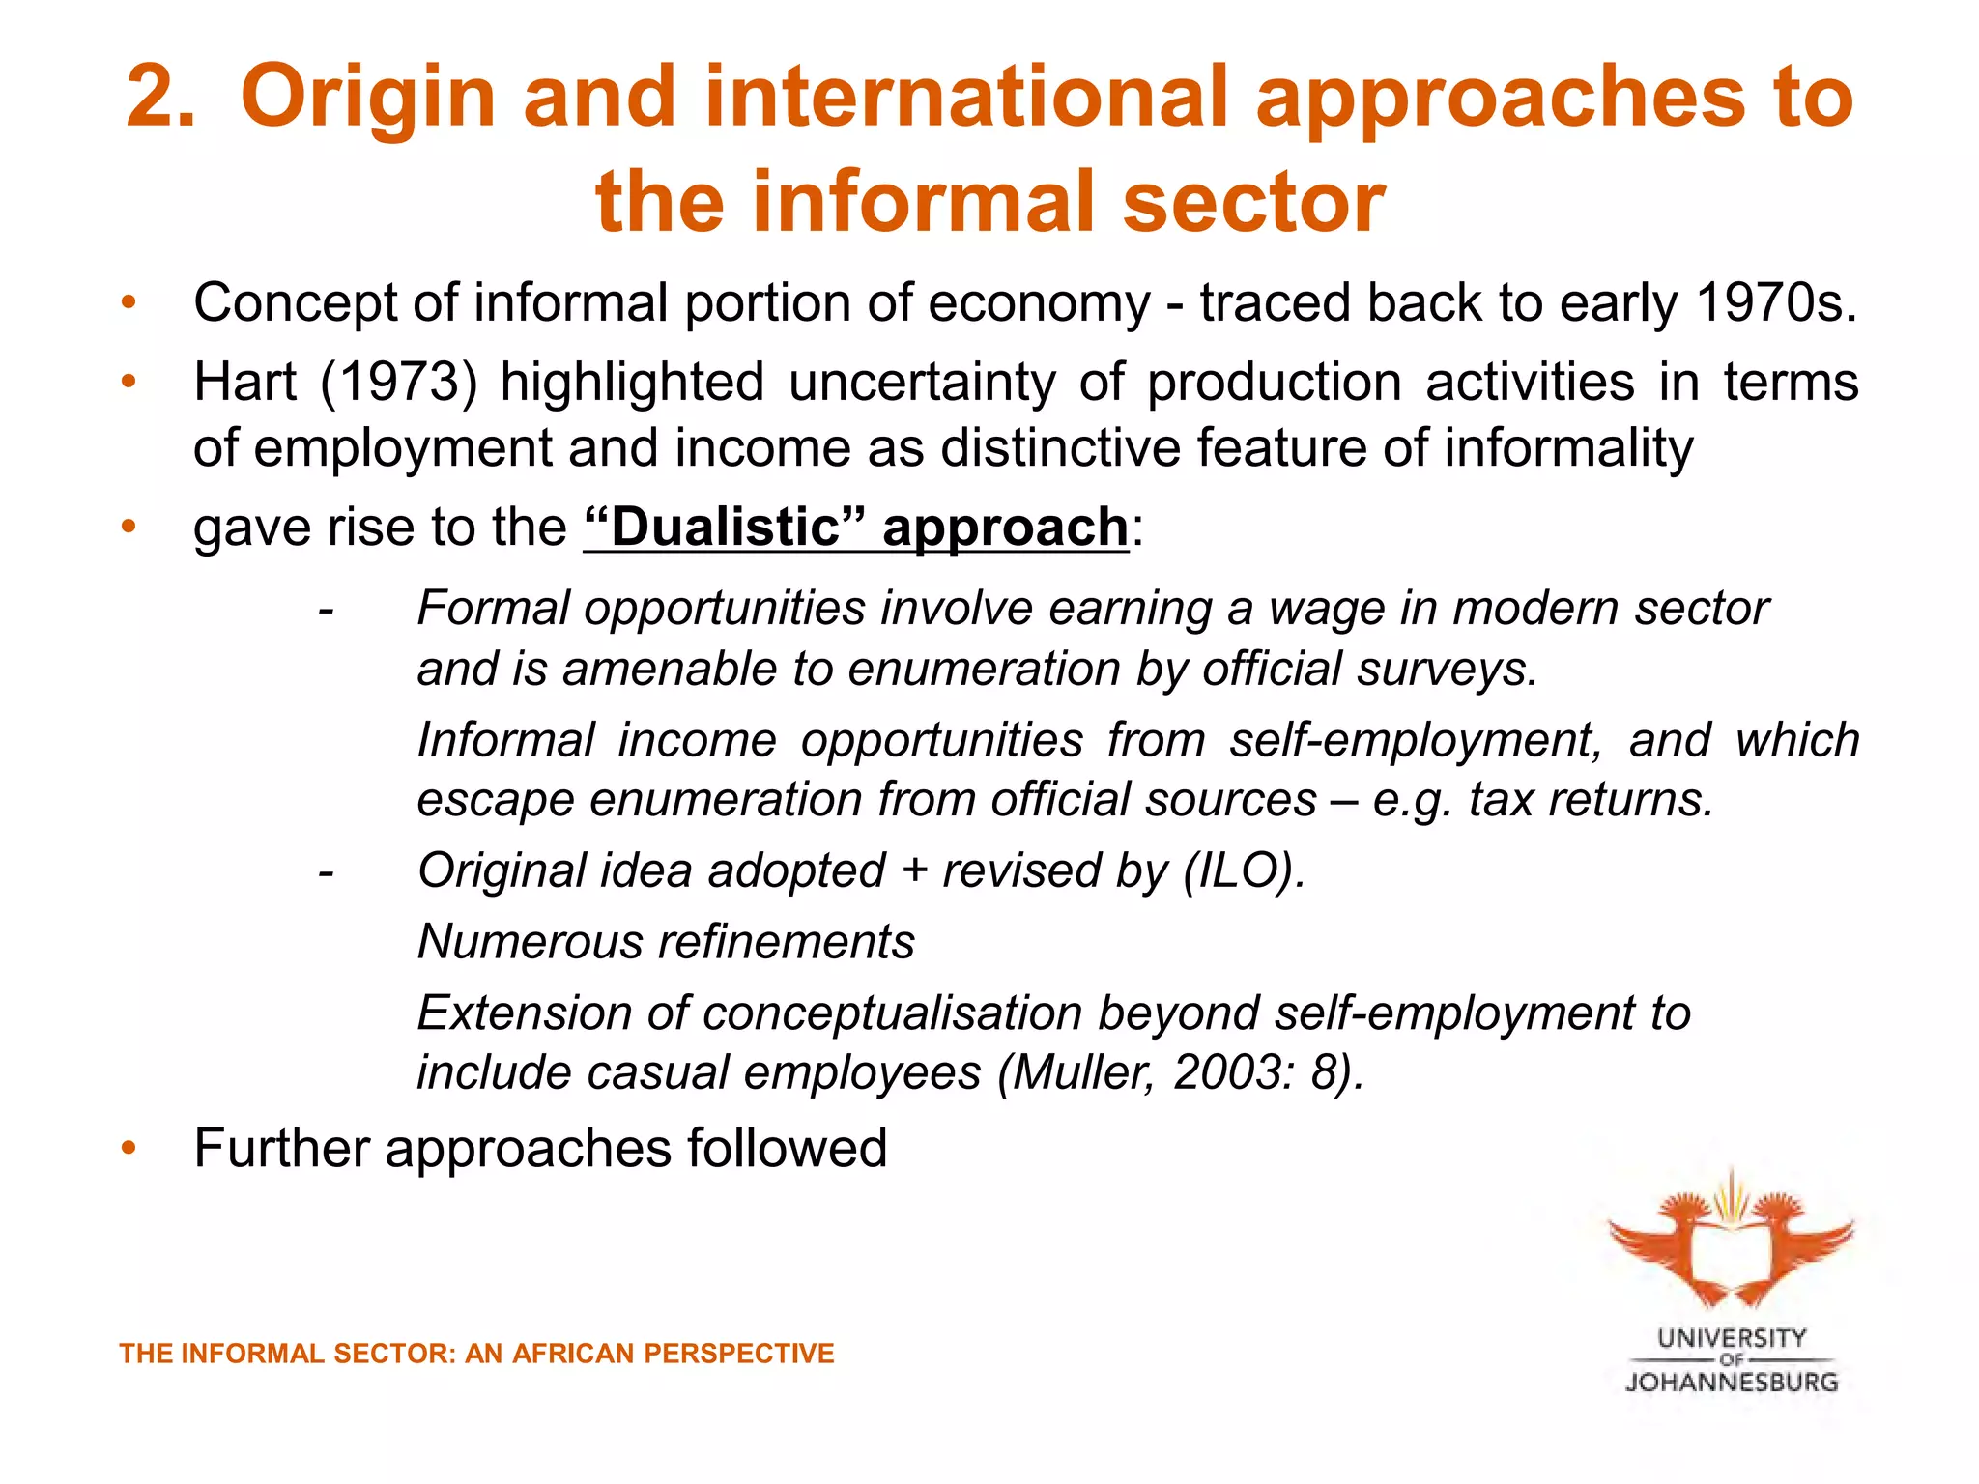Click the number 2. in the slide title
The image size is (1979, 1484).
coord(160,97)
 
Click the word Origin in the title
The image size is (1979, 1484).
coord(367,99)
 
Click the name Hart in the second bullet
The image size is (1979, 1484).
coord(244,383)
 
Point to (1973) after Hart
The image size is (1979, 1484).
coord(398,383)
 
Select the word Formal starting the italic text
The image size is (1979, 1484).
coord(493,609)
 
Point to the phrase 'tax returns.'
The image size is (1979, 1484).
coord(1591,800)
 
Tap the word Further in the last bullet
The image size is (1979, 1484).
coord(281,1149)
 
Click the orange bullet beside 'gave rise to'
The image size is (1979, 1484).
coord(129,528)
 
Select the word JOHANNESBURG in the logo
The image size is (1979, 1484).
coord(1731,1383)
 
